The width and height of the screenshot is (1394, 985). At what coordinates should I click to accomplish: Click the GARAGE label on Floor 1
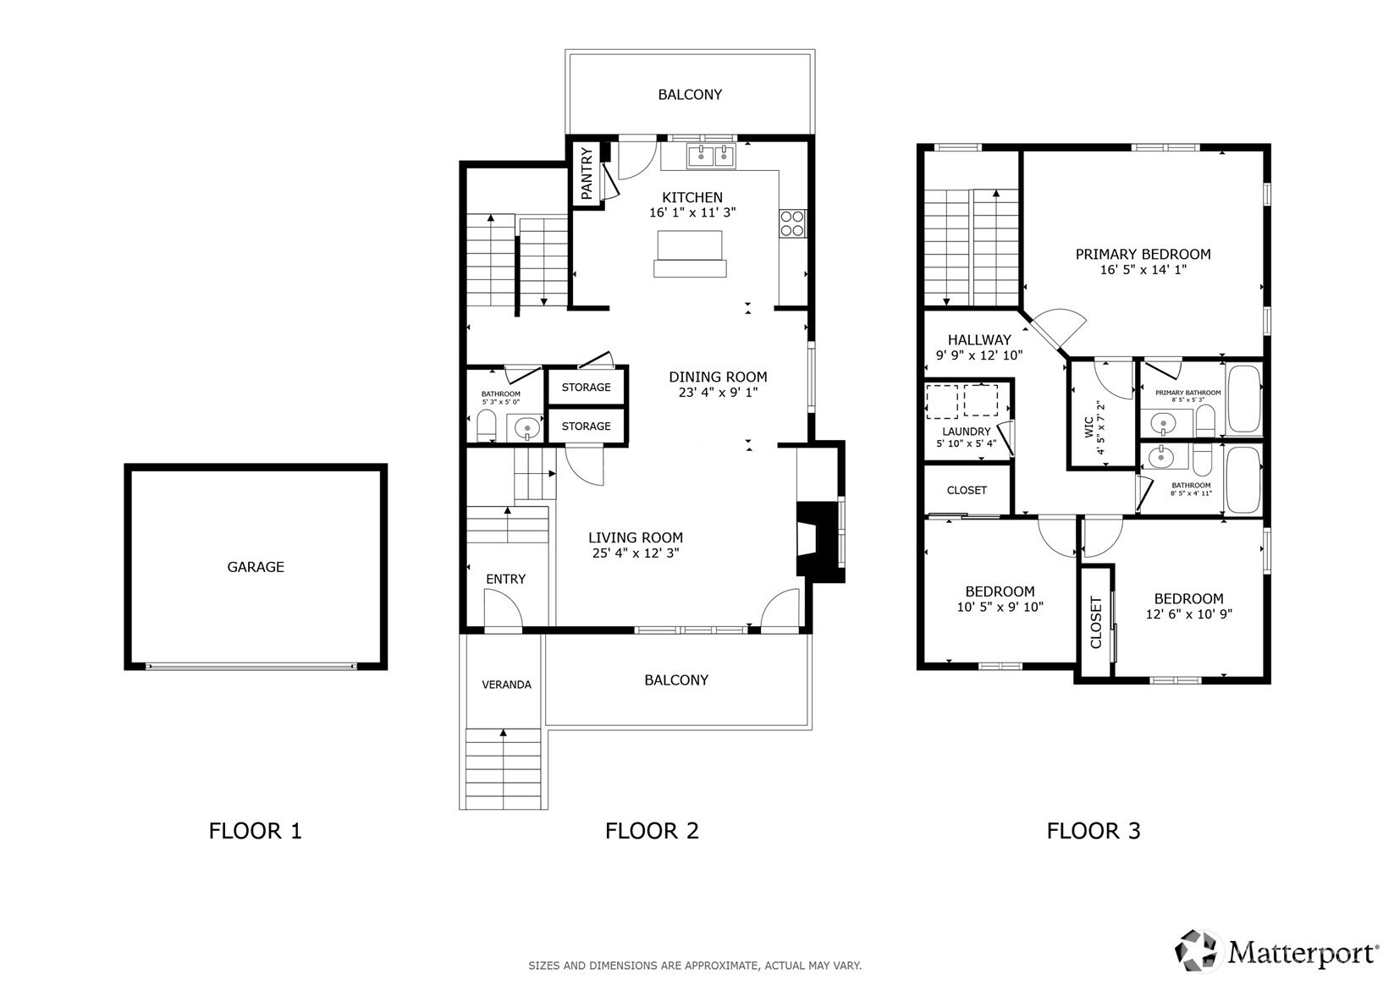coord(255,567)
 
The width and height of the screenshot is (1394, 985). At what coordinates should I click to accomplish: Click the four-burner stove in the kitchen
coord(792,223)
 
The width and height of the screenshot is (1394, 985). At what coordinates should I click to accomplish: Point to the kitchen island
coord(690,253)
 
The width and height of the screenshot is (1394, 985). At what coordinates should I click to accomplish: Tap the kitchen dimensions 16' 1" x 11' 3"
coord(692,212)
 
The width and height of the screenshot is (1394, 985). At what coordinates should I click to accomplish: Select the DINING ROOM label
coord(718,377)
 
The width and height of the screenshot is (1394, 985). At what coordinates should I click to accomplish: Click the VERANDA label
coord(507,685)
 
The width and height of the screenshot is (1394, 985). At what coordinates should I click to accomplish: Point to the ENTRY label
coord(505,580)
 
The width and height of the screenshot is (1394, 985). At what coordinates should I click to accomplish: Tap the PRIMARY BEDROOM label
coord(1143,254)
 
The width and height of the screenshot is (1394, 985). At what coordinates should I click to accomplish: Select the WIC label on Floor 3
coord(1088,426)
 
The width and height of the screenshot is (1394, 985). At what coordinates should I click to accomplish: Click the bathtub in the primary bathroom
coord(1244,399)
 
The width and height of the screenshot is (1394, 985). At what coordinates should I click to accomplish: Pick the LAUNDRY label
coord(966,432)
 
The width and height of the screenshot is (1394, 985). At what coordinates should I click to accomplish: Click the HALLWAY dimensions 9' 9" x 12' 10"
coord(979,356)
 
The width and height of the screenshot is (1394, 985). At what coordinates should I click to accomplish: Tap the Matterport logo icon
coord(1196,951)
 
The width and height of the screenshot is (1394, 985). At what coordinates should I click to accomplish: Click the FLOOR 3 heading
coord(1094,831)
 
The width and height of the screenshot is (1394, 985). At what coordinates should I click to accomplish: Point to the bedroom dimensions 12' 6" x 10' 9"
coord(1189,614)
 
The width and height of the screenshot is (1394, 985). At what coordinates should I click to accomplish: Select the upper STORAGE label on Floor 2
coord(587,387)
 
